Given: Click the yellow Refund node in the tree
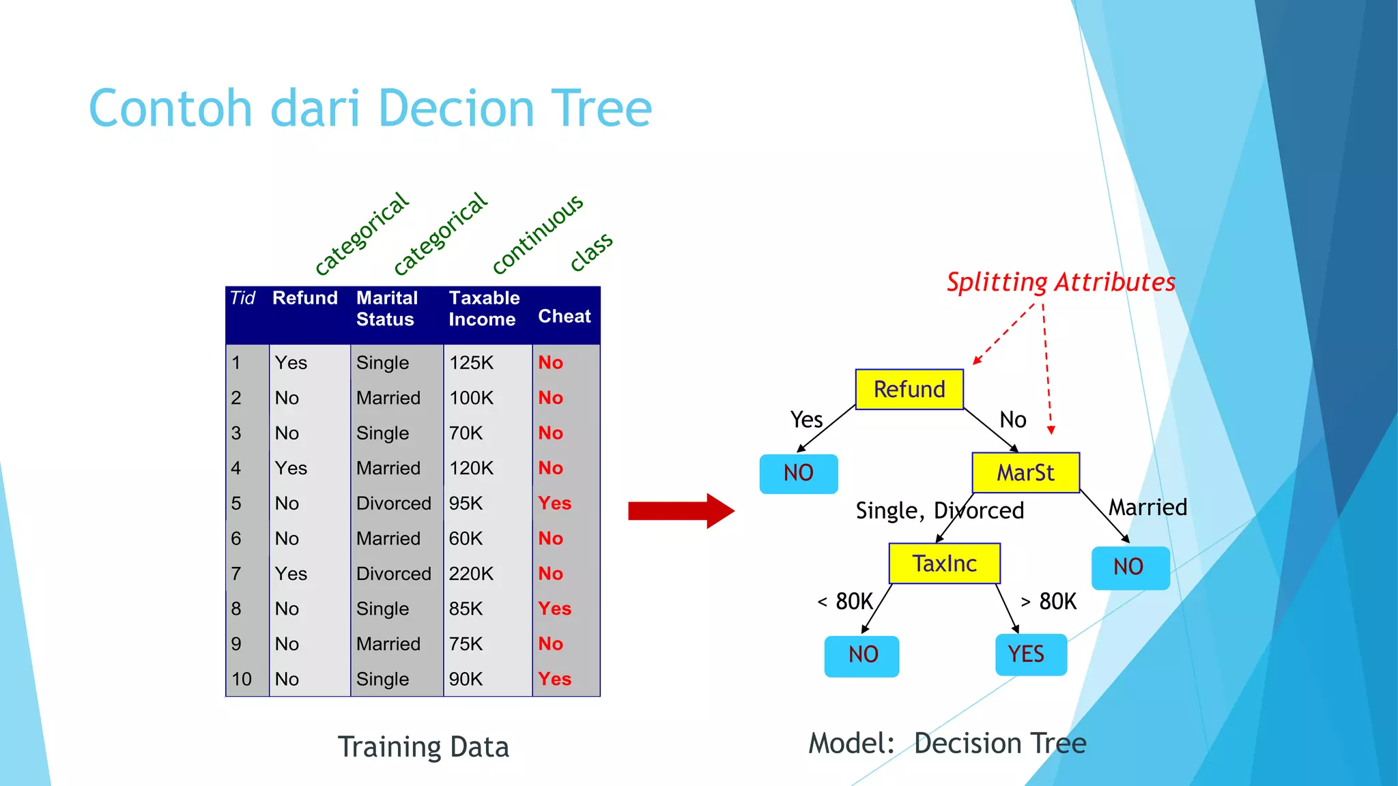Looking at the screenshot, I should [x=909, y=390].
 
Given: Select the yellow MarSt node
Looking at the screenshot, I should [x=1025, y=473].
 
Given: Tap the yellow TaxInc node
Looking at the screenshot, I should [x=944, y=564].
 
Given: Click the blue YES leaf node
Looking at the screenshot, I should [x=1031, y=654].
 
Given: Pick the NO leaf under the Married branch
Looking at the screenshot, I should [x=1130, y=567].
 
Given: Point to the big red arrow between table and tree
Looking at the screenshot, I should [x=681, y=510].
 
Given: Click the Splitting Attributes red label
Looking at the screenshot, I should [x=1060, y=282].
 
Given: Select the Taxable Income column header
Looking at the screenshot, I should [x=484, y=308].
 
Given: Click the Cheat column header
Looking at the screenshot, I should [x=564, y=316].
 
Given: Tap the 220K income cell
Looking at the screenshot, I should [x=471, y=574].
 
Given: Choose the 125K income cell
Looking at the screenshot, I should [x=471, y=363].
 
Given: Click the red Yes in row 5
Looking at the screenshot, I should [x=554, y=504].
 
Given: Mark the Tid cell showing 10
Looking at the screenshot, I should [x=242, y=680].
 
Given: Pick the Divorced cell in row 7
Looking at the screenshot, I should [x=393, y=574].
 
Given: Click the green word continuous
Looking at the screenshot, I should [x=538, y=233].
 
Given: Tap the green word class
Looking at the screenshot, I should [x=592, y=250].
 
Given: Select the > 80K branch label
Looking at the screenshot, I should [x=1048, y=602].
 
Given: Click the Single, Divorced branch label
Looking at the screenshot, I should [x=939, y=510].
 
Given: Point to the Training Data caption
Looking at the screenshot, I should [x=423, y=747].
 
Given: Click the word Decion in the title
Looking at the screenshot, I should [x=456, y=109].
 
